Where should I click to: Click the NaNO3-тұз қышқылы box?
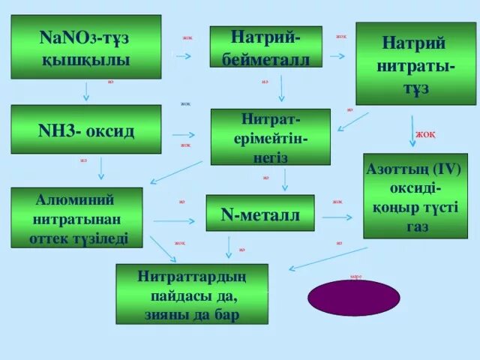(x=85, y=46)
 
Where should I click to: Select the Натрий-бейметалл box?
(x=265, y=46)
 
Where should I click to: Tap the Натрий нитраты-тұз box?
(x=415, y=63)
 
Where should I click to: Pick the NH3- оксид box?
(x=85, y=130)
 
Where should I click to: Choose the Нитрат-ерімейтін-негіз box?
(x=270, y=136)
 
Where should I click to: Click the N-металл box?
(x=259, y=214)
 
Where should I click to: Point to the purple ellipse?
(x=353, y=297)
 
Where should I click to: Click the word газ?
(x=417, y=226)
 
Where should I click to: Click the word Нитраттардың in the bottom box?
(x=191, y=276)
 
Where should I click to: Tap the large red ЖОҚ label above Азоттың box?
(x=425, y=135)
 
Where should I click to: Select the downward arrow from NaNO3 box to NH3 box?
(x=86, y=91)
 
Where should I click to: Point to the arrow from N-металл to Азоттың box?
(x=337, y=217)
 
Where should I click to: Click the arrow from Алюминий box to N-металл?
(x=174, y=220)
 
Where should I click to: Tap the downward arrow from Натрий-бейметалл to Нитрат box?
(x=281, y=88)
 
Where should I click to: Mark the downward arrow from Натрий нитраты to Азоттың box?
(x=412, y=125)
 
